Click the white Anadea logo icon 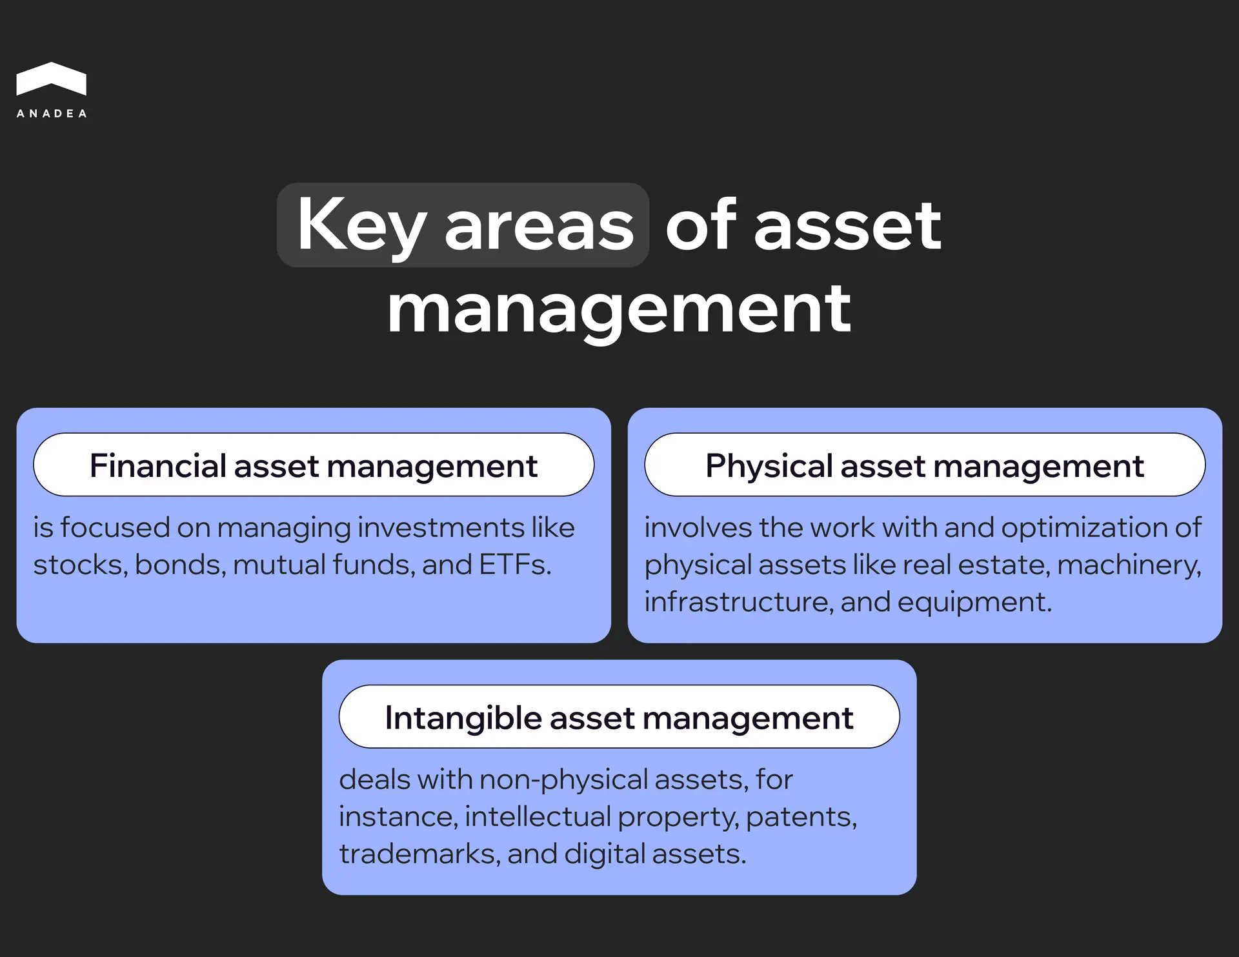point(51,79)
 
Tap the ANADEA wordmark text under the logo point(52,114)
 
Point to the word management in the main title point(619,310)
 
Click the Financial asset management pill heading point(314,465)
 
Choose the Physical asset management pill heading point(924,465)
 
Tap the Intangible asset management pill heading point(619,718)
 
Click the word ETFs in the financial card point(515,565)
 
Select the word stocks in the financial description point(80,565)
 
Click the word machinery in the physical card point(1129,565)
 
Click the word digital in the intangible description point(605,854)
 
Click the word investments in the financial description point(441,528)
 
